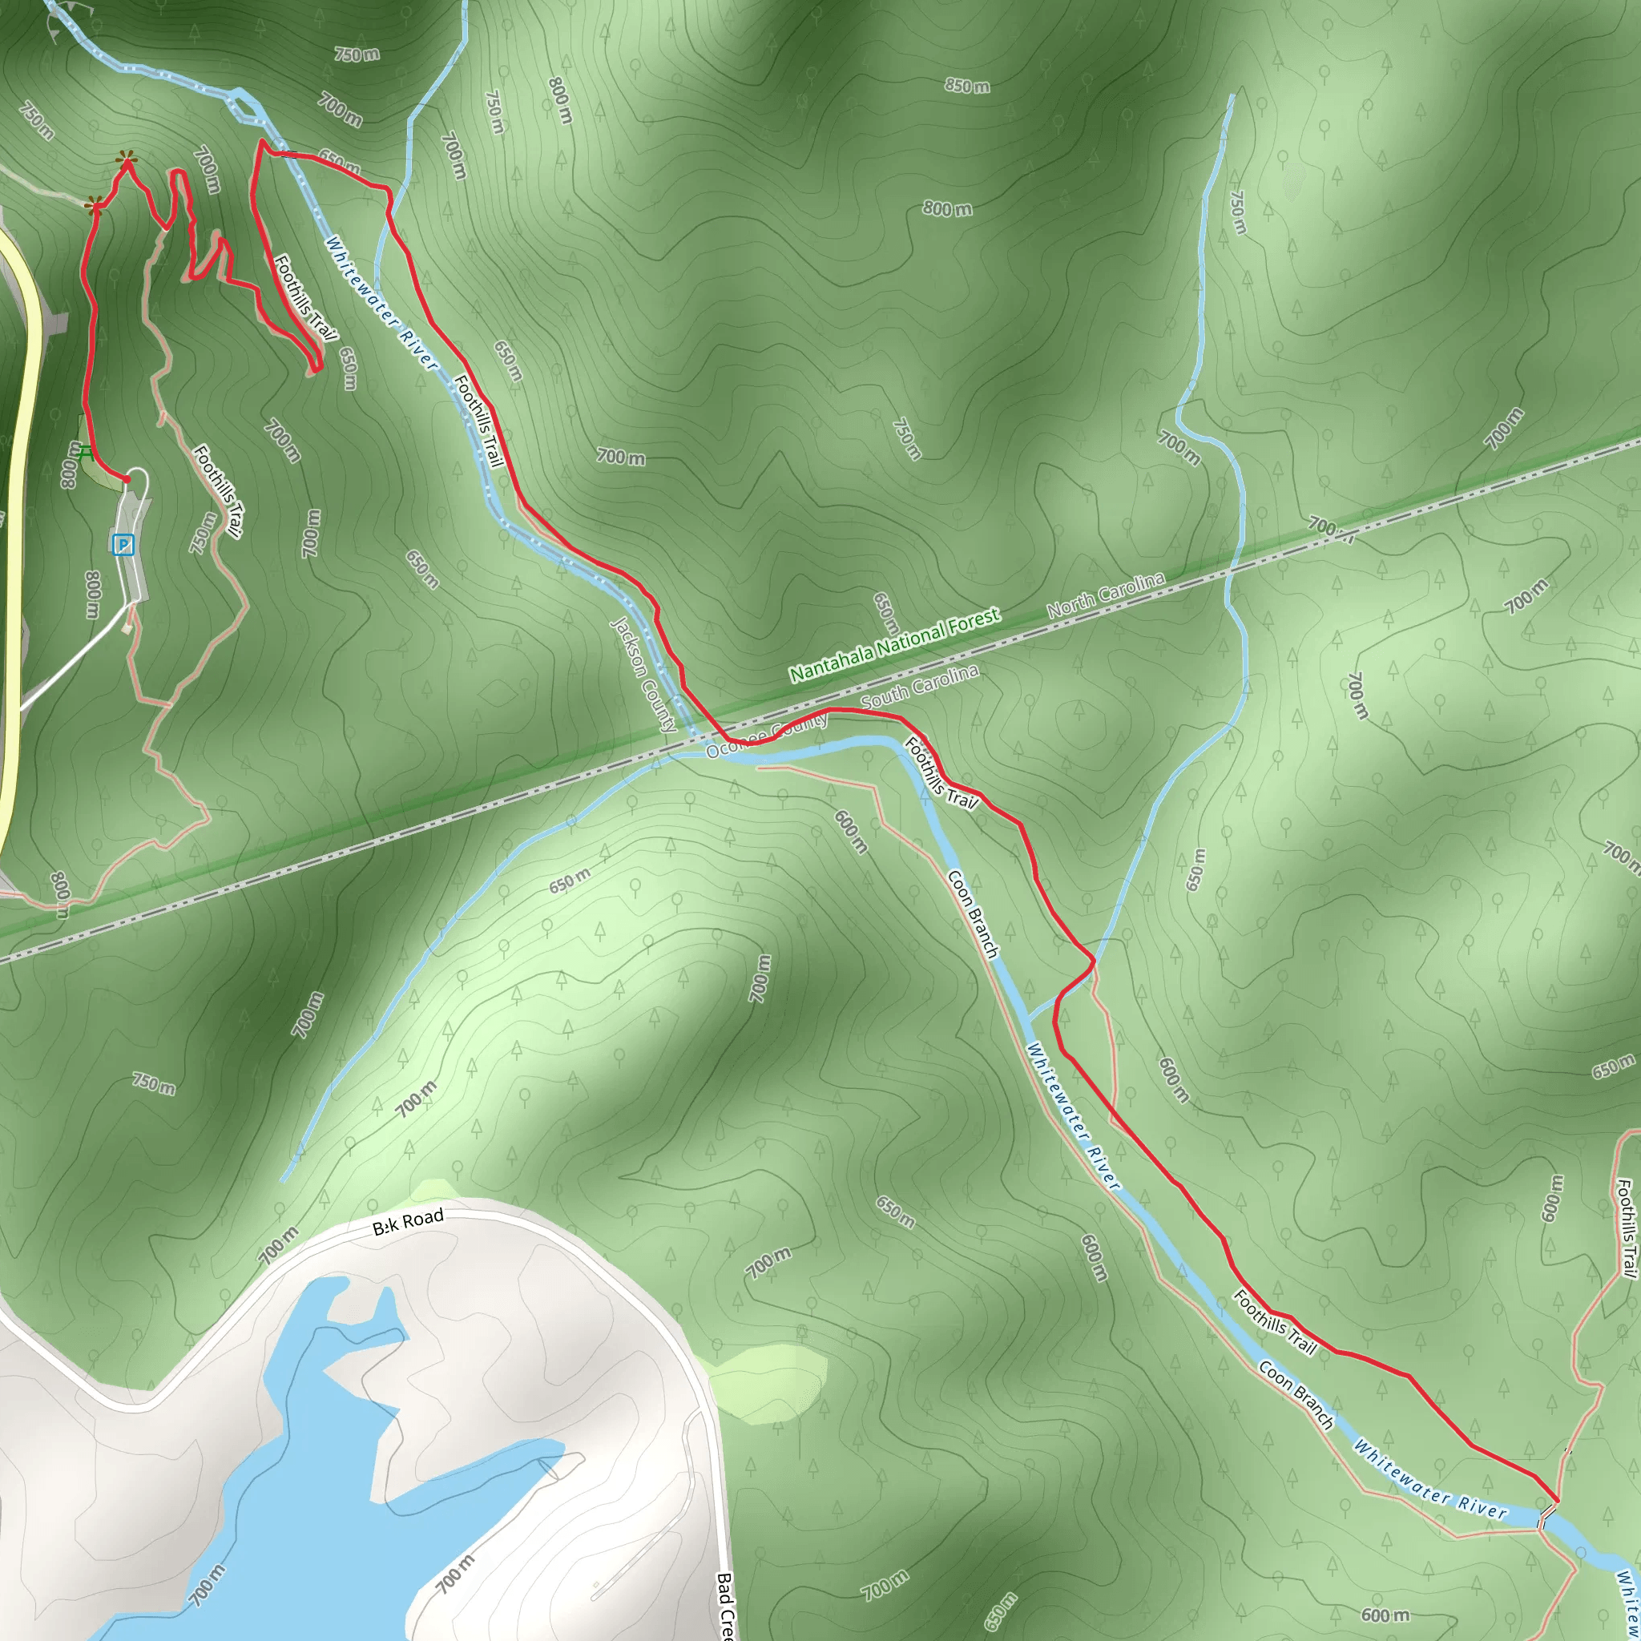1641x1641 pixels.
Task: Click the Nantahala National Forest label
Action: pyautogui.click(x=894, y=646)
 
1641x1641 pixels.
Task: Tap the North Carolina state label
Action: pyautogui.click(x=1105, y=595)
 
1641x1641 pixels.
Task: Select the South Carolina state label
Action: pyautogui.click(x=919, y=687)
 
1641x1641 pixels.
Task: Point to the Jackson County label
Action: pyautogui.click(x=644, y=675)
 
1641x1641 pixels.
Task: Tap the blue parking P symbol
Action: pyautogui.click(x=123, y=544)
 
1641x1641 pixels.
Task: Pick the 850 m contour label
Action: pyautogui.click(x=966, y=86)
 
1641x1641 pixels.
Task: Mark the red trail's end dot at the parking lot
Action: pyautogui.click(x=127, y=480)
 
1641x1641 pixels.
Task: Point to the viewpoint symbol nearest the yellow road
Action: pyautogui.click(x=95, y=204)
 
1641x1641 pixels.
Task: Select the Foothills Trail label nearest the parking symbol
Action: pyautogui.click(x=217, y=491)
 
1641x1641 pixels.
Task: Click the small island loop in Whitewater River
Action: pyautogui.click(x=245, y=109)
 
